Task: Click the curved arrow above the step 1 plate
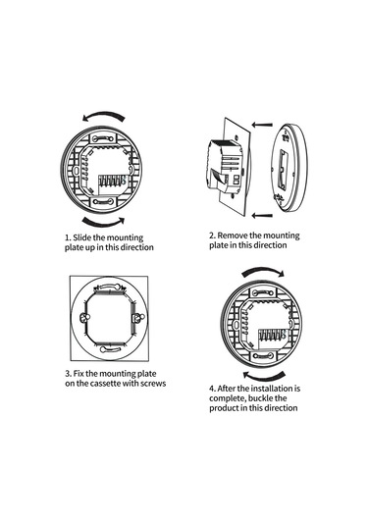point(104,114)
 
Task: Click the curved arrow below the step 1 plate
point(103,223)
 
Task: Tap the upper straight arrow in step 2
point(262,125)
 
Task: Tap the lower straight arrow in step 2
point(262,215)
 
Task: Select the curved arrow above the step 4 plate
point(263,271)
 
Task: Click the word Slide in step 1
point(81,237)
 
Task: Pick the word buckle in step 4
point(261,398)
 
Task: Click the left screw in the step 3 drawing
point(83,317)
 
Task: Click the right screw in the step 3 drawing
point(138,317)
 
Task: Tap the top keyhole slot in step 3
point(109,287)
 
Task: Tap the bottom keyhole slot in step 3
point(110,349)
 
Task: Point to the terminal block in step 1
point(112,184)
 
